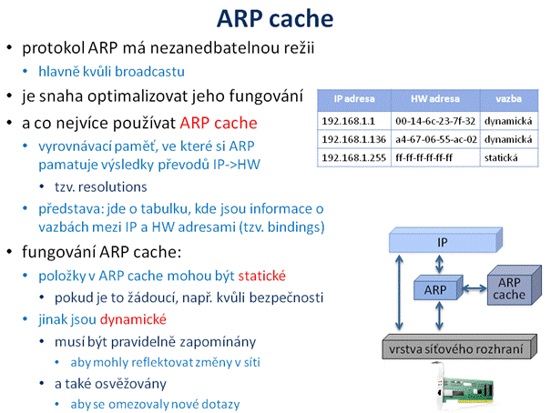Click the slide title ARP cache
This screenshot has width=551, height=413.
275,18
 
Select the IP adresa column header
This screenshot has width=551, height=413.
354,99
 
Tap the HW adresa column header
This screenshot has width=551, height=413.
435,99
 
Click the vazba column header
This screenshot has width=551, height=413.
509,99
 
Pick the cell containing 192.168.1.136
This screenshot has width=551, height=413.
354,139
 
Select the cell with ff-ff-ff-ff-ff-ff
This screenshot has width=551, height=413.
435,157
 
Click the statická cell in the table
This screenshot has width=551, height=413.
509,157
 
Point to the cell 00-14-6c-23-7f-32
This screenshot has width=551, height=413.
435,121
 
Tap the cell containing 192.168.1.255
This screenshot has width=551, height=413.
354,157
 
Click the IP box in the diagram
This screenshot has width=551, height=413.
445,241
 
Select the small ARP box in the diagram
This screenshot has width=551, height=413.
438,287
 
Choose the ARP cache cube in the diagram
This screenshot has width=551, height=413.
514,286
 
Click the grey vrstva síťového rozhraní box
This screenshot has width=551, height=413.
459,347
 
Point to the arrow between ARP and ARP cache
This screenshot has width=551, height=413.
475,288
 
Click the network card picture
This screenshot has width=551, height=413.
464,387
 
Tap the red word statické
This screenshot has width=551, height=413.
261,276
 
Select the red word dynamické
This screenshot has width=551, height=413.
133,319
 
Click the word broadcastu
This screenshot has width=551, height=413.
149,72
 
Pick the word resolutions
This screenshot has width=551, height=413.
112,187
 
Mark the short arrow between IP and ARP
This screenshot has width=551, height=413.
439,264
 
